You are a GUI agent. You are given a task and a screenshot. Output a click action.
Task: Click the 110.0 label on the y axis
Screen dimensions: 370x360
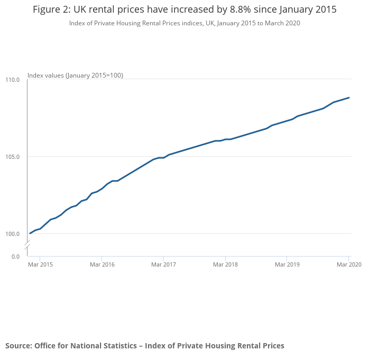[13, 80]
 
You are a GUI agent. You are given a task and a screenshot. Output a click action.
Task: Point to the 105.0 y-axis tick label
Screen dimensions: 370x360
[13, 157]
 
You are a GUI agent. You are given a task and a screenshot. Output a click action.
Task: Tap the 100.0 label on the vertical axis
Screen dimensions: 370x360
[13, 234]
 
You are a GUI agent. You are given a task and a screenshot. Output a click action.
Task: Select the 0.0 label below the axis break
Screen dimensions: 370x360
[15, 257]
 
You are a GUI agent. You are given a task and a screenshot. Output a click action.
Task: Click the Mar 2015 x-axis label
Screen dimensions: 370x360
[40, 264]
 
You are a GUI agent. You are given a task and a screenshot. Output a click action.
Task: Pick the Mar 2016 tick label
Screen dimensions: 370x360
[102, 264]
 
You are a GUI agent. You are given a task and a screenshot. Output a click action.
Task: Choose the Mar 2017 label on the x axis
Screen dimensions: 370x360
[163, 264]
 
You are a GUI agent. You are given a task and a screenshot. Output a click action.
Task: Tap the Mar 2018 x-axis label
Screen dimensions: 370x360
[225, 264]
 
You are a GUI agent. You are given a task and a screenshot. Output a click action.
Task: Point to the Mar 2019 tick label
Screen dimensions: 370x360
[287, 264]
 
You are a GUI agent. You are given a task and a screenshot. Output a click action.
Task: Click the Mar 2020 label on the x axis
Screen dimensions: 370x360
[349, 264]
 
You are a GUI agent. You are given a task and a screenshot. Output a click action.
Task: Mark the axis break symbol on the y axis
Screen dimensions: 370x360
[27, 245]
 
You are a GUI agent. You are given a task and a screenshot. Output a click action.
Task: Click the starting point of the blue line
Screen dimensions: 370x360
[30, 233]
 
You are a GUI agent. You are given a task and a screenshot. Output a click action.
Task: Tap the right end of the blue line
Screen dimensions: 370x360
[349, 98]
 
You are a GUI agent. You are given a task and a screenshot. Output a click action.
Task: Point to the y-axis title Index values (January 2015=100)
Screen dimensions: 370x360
[75, 75]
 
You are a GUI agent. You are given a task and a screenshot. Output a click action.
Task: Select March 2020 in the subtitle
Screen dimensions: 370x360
[282, 23]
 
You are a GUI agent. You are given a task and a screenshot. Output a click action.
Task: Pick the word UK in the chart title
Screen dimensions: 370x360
[79, 10]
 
